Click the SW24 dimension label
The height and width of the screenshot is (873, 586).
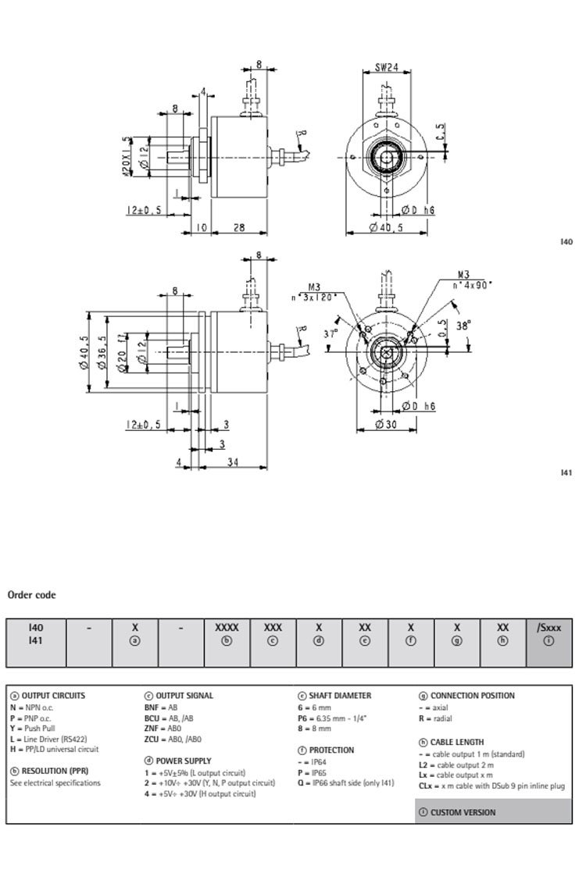[386, 68]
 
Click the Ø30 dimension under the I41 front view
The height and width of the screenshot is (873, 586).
[387, 423]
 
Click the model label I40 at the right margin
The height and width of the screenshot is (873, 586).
[566, 242]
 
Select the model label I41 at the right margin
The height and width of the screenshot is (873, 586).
[566, 473]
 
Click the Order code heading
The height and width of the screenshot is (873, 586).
[31, 595]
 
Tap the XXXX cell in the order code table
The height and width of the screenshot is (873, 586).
[227, 626]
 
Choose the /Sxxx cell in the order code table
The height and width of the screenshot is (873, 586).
[549, 626]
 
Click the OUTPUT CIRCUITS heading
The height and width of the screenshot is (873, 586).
[53, 695]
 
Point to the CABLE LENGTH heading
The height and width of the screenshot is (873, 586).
[456, 742]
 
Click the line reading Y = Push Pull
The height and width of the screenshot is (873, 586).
[36, 728]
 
